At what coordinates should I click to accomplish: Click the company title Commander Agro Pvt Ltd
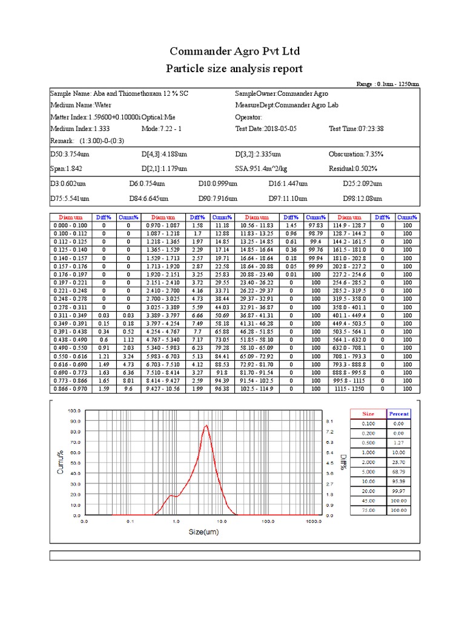[234, 50]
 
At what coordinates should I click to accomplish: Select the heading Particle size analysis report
[234, 69]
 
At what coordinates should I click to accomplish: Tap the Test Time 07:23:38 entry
[357, 129]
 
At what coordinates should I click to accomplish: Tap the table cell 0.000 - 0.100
[68, 225]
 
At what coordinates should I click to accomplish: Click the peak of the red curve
[206, 425]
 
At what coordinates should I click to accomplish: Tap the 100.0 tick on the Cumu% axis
[73, 411]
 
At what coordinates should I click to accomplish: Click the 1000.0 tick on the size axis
[314, 520]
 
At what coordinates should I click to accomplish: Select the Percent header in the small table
[398, 414]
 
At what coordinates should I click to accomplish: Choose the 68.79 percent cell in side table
[398, 471]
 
